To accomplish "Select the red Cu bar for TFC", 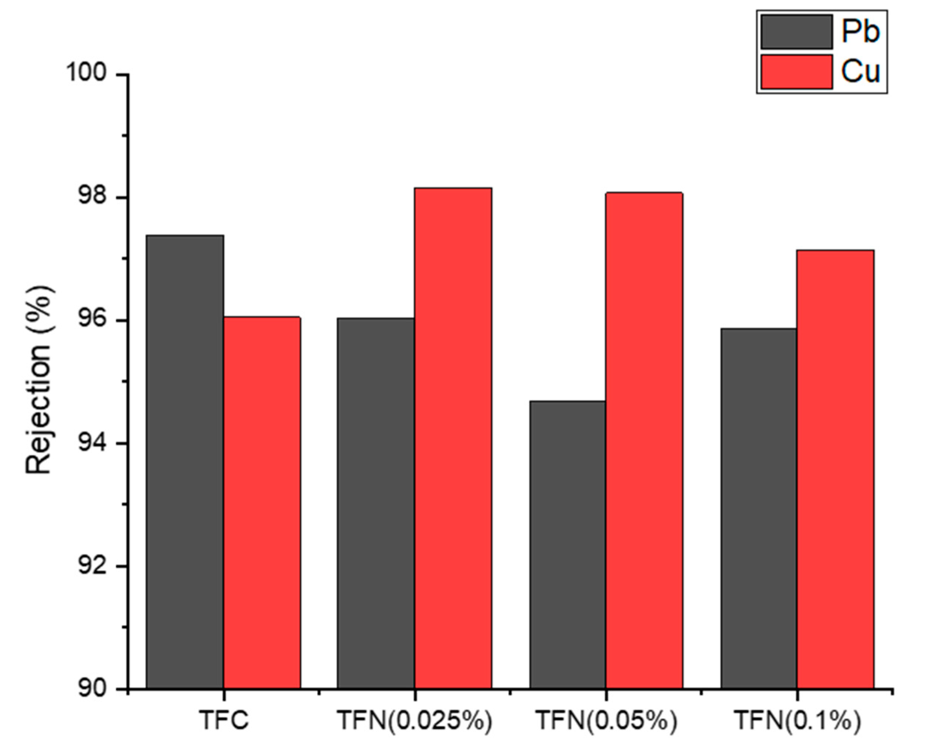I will tap(262, 503).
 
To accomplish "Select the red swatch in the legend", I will tap(796, 72).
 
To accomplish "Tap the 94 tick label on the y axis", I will tap(92, 444).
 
